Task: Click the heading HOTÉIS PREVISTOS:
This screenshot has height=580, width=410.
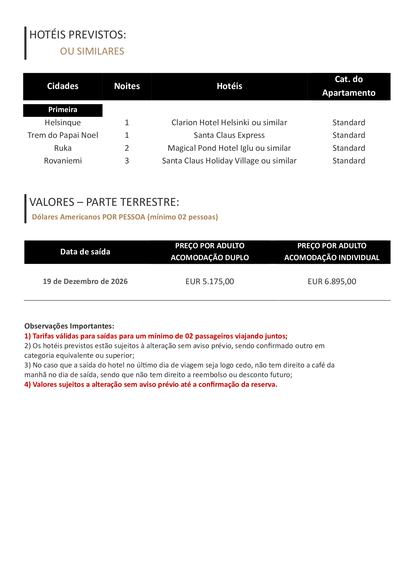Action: (78, 35)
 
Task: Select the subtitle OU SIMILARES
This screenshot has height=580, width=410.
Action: (92, 51)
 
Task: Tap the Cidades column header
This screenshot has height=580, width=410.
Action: (63, 86)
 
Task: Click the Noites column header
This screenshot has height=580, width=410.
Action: (127, 86)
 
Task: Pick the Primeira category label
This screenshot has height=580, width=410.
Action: (63, 110)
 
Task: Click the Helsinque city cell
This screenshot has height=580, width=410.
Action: (63, 122)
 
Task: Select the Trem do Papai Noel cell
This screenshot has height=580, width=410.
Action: (63, 135)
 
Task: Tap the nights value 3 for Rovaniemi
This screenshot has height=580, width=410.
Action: (127, 161)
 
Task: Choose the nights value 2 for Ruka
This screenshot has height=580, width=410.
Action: (127, 148)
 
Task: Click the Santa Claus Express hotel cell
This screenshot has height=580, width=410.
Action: (229, 135)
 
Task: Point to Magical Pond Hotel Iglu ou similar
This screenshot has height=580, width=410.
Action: (229, 148)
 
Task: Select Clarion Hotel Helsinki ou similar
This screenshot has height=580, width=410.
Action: (229, 122)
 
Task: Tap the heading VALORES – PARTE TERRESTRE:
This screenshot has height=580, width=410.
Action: (104, 202)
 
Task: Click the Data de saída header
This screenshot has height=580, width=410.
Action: (85, 252)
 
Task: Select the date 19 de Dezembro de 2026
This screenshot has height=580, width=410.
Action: (85, 281)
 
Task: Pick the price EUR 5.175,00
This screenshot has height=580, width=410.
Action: (209, 281)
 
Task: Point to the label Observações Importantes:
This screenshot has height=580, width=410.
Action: (69, 326)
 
